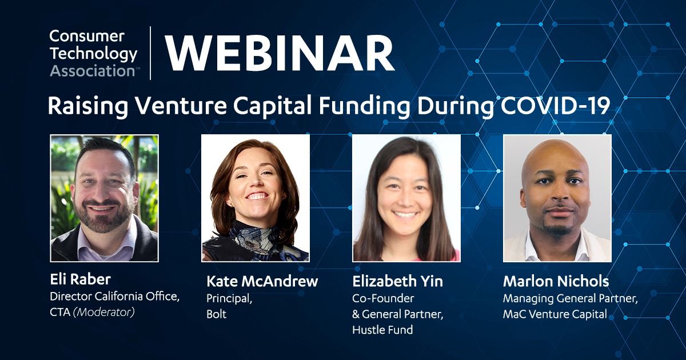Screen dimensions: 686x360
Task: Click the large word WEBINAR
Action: pos(280,53)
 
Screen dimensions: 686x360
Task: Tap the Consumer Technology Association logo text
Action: pos(93,53)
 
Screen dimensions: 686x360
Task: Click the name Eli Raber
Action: pos(80,279)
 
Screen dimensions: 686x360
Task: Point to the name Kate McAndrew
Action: pos(262,281)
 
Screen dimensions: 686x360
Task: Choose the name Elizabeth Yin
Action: pos(397,281)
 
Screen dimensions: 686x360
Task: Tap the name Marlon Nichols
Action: pos(556,281)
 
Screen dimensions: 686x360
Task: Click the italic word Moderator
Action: pos(104,312)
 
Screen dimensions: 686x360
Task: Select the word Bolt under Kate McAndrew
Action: pos(216,314)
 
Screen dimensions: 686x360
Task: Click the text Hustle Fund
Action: pos(382,330)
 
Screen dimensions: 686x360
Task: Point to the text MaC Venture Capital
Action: pos(555,314)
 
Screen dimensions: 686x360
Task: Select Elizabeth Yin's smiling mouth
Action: pos(405,215)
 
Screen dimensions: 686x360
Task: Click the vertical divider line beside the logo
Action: pos(150,53)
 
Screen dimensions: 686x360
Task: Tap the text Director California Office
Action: pos(114,297)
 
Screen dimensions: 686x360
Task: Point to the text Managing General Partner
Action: pos(571,298)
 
